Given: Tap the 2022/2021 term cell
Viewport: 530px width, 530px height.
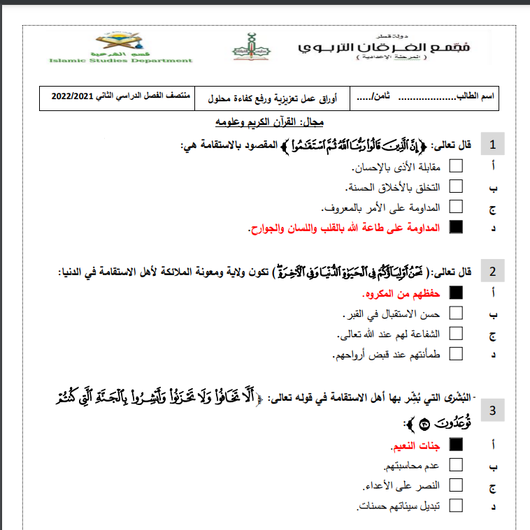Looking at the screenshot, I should [x=87, y=96].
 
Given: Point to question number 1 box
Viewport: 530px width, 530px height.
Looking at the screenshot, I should [x=493, y=146].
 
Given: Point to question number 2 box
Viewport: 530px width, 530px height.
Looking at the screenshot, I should [x=493, y=272].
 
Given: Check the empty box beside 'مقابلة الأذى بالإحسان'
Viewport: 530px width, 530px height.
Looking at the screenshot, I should [x=456, y=167].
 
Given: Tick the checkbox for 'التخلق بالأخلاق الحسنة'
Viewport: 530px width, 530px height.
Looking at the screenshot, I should [x=456, y=186].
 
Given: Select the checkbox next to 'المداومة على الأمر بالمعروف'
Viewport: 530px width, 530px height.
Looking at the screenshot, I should [x=456, y=206].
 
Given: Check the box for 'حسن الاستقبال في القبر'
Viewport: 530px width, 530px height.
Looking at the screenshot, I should [x=456, y=313].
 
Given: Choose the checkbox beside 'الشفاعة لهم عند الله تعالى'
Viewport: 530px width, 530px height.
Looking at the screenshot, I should [x=456, y=333].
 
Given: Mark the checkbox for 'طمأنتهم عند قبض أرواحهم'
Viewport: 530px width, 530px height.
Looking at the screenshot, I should [x=456, y=353].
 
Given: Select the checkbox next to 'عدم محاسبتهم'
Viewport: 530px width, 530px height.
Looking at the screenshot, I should [x=456, y=464].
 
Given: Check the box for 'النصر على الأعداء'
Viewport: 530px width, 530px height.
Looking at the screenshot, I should [x=456, y=485].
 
